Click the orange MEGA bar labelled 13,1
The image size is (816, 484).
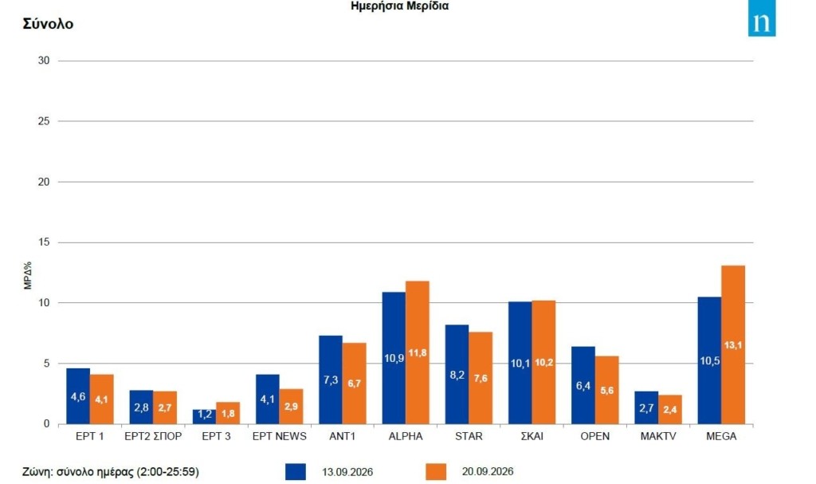pyautogui.click(x=733, y=344)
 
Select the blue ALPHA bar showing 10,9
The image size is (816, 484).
pyautogui.click(x=394, y=358)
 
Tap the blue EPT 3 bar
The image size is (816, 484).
pyautogui.click(x=205, y=416)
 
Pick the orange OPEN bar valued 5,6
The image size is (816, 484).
pyautogui.click(x=606, y=390)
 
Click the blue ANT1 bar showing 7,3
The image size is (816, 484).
pyautogui.click(x=331, y=380)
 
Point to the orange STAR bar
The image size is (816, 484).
pyautogui.click(x=481, y=378)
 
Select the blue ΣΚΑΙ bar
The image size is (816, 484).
pyautogui.click(x=520, y=363)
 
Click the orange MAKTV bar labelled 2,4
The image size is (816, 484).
pyautogui.click(x=669, y=409)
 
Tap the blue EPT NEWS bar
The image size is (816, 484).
pyautogui.click(x=268, y=399)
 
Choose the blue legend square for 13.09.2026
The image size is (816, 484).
pyautogui.click(x=296, y=471)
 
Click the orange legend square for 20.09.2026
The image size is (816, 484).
pyautogui.click(x=436, y=471)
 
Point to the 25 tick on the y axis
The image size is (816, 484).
pyautogui.click(x=44, y=121)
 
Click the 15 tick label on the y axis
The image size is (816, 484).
pyautogui.click(x=44, y=242)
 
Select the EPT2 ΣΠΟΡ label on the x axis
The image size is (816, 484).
pyautogui.click(x=153, y=437)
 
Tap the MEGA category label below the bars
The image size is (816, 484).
pyautogui.click(x=721, y=437)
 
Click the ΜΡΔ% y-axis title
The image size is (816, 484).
pyautogui.click(x=28, y=275)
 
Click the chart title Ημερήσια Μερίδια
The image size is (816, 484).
pyautogui.click(x=400, y=6)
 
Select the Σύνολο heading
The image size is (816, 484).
pyautogui.click(x=48, y=24)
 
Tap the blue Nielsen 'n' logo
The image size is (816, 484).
pyautogui.click(x=762, y=18)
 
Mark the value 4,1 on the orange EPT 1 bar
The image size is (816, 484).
pyautogui.click(x=101, y=399)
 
